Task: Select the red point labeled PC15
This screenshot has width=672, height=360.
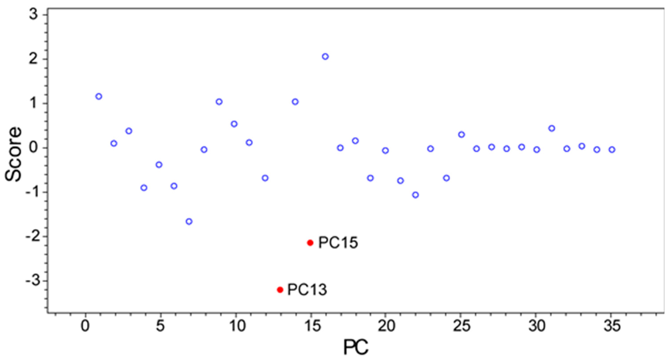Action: click(x=310, y=243)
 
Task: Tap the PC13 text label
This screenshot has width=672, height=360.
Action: click(x=307, y=290)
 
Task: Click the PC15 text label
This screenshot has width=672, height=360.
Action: click(x=338, y=243)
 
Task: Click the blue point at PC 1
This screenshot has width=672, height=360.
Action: click(x=99, y=97)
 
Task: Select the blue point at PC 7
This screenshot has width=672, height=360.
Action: click(x=189, y=222)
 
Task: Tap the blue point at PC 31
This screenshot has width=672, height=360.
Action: click(x=551, y=128)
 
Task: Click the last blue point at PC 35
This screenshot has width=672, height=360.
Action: click(x=612, y=150)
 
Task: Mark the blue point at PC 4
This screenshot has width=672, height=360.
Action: click(x=144, y=188)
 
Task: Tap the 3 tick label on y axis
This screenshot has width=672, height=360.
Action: click(x=34, y=15)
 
